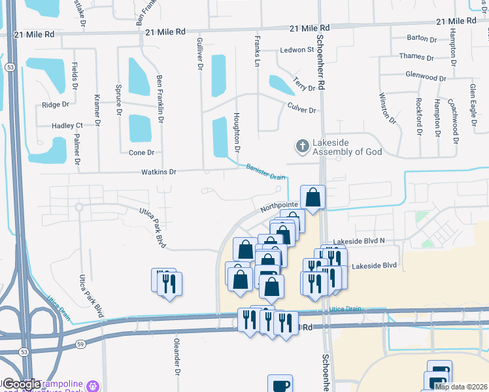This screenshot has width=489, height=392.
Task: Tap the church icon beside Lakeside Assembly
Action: click(302, 146)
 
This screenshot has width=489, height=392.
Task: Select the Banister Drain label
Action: click(266, 172)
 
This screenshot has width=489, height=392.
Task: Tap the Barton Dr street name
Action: click(422, 40)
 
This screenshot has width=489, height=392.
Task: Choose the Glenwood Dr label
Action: click(425, 77)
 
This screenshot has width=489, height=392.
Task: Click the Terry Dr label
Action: click(305, 87)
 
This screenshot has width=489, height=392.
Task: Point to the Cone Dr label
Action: click(141, 152)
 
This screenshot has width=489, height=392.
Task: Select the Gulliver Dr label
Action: click(200, 54)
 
